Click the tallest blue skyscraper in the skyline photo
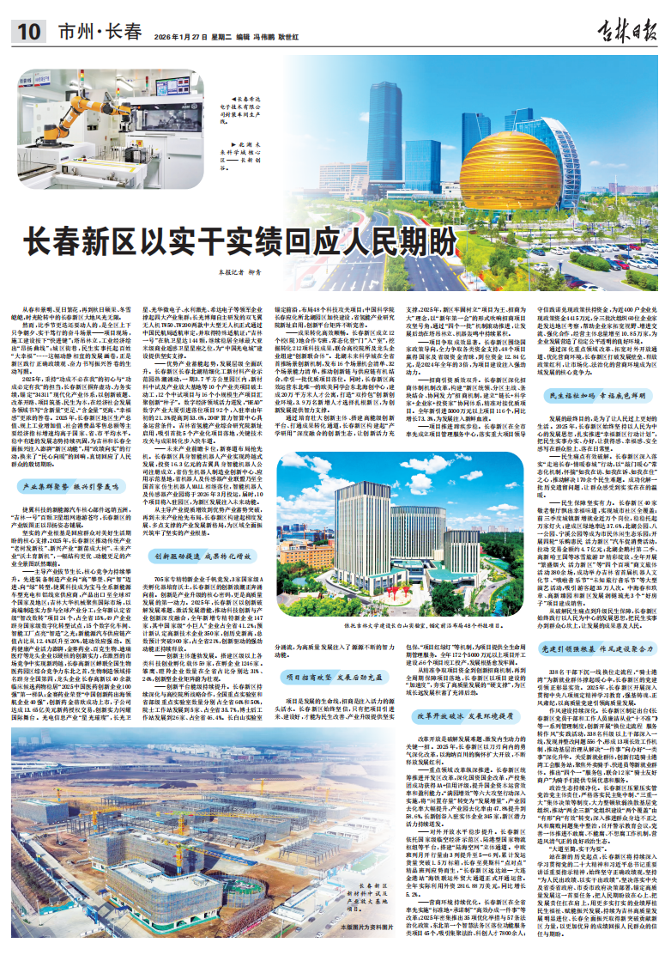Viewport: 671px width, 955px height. (388, 129)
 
